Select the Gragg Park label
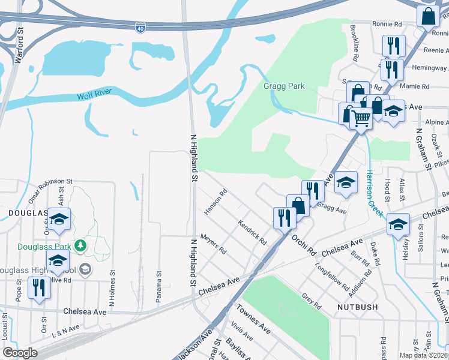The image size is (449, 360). point(284,86)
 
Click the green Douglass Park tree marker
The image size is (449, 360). point(79,245)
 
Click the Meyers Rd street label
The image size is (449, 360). point(213,242)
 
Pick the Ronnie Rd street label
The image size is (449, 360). point(387,25)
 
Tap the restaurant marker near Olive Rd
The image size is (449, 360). point(40,287)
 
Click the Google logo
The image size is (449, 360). point(20,353)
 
